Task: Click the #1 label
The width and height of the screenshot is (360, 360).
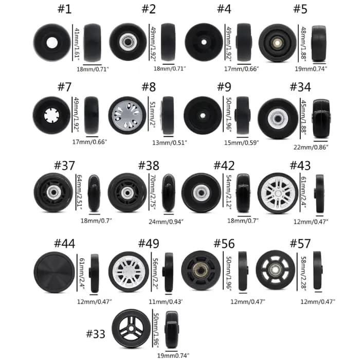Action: [64, 9]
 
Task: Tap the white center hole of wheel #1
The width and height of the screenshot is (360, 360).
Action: [52, 43]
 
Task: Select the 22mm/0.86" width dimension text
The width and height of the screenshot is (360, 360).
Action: [311, 147]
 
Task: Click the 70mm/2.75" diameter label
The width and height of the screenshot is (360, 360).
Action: [153, 192]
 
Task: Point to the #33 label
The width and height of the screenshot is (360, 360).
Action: [96, 334]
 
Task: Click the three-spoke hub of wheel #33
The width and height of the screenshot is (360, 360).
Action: [131, 329]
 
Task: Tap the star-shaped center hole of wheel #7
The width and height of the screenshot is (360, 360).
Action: [51, 115]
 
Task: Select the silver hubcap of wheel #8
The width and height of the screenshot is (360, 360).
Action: [127, 115]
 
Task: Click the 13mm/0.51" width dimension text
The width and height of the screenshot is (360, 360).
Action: [170, 142]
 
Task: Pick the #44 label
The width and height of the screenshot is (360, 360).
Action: [64, 244]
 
